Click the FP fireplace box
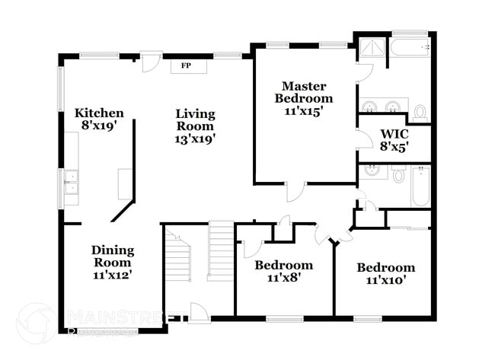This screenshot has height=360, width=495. (184, 66)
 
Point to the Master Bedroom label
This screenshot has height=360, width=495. (304, 92)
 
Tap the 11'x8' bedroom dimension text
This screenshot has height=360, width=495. (283, 278)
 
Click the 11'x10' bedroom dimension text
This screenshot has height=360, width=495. (385, 279)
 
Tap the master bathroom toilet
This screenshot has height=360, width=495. (420, 113)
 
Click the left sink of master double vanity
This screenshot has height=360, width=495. (369, 105)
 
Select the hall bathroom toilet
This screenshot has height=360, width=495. (399, 175)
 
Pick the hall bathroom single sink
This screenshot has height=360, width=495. (373, 171)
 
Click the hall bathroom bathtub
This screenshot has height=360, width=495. (421, 186)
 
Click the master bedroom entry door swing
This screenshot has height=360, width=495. (294, 190)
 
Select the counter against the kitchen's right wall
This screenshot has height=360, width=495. (125, 183)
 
